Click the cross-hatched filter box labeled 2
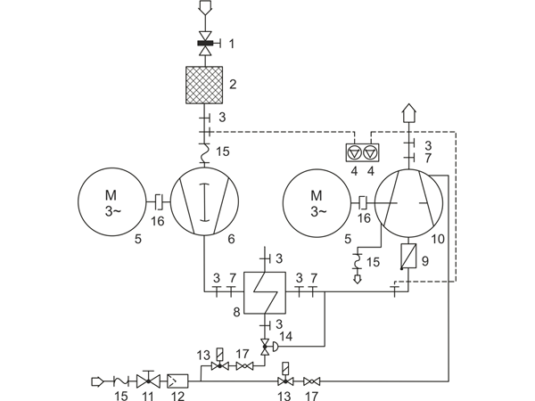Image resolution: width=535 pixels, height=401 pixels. click(x=204, y=85)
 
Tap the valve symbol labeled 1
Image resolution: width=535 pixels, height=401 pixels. click(x=205, y=44)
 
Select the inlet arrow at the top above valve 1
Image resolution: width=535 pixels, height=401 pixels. click(x=205, y=7)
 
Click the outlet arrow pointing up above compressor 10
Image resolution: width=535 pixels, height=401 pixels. click(x=408, y=113)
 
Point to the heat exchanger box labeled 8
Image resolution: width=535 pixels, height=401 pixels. click(x=265, y=292)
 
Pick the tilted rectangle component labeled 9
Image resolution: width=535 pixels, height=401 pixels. click(x=408, y=256)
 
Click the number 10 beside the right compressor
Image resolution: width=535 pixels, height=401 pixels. click(x=438, y=239)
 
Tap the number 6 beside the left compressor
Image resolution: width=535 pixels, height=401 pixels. click(x=231, y=239)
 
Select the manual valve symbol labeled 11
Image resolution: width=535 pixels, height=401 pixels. click(x=148, y=380)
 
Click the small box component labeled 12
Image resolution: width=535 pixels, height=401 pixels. click(x=177, y=381)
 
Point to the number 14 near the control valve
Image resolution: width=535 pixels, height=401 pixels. click(x=285, y=336)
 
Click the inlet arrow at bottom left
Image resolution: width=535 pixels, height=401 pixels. click(x=97, y=381)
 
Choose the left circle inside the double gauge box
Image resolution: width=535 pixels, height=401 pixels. click(x=354, y=152)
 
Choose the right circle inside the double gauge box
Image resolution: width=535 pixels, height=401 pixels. click(x=370, y=152)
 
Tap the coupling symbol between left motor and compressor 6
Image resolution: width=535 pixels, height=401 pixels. click(x=159, y=202)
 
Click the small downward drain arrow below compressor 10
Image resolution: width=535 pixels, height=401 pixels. click(x=358, y=279)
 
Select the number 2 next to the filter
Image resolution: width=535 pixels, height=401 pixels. click(x=233, y=85)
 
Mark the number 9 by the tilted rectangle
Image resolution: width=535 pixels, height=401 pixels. click(x=424, y=261)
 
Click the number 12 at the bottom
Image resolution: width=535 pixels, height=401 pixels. click(x=177, y=396)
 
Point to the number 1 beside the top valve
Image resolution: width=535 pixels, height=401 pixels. click(x=232, y=44)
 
